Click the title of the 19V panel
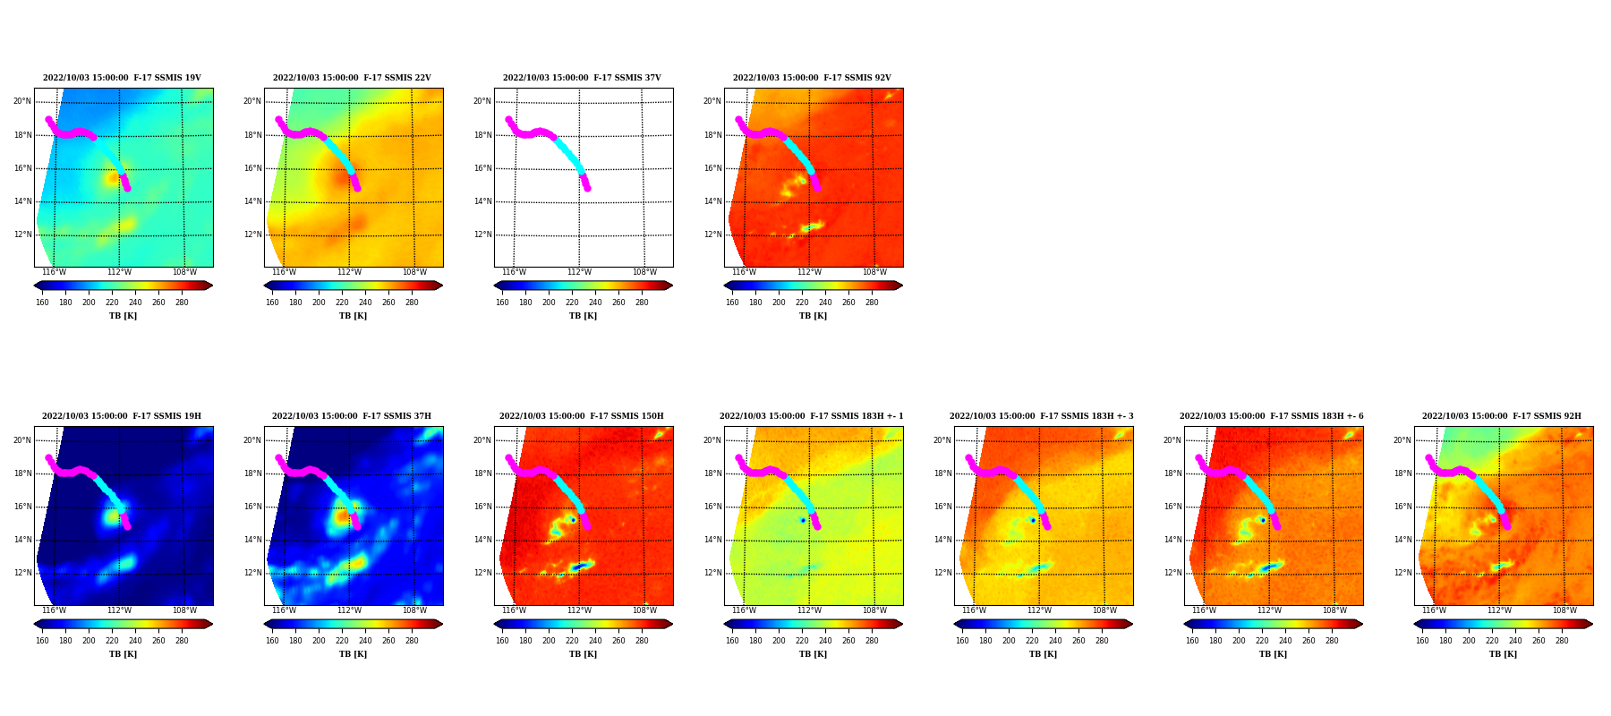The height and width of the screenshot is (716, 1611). (123, 78)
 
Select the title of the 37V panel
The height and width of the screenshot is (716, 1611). (582, 78)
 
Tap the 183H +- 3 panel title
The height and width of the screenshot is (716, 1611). (1042, 416)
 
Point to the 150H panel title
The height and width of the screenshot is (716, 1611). (582, 416)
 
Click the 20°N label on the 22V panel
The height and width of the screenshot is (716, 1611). (252, 101)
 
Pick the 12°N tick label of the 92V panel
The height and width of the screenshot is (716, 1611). (712, 234)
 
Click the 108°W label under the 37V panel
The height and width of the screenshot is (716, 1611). (644, 272)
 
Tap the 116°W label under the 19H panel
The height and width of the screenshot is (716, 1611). (54, 610)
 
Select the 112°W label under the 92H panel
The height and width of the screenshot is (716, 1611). (1499, 610)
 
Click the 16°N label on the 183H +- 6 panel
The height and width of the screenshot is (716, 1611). (1172, 507)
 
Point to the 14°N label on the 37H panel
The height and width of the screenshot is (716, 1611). (252, 540)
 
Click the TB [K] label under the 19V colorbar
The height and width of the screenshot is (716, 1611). (124, 316)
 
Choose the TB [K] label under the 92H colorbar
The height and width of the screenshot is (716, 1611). (1504, 654)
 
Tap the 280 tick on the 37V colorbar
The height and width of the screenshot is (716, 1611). (642, 303)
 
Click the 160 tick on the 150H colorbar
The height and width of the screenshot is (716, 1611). (502, 641)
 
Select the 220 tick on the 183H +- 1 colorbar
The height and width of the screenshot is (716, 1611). (802, 641)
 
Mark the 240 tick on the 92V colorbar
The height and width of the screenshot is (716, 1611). (825, 303)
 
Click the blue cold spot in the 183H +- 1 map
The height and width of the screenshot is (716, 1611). (803, 520)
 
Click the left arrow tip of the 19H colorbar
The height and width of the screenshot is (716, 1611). (34, 624)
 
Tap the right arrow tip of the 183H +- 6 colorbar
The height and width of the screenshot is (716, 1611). (1363, 624)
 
